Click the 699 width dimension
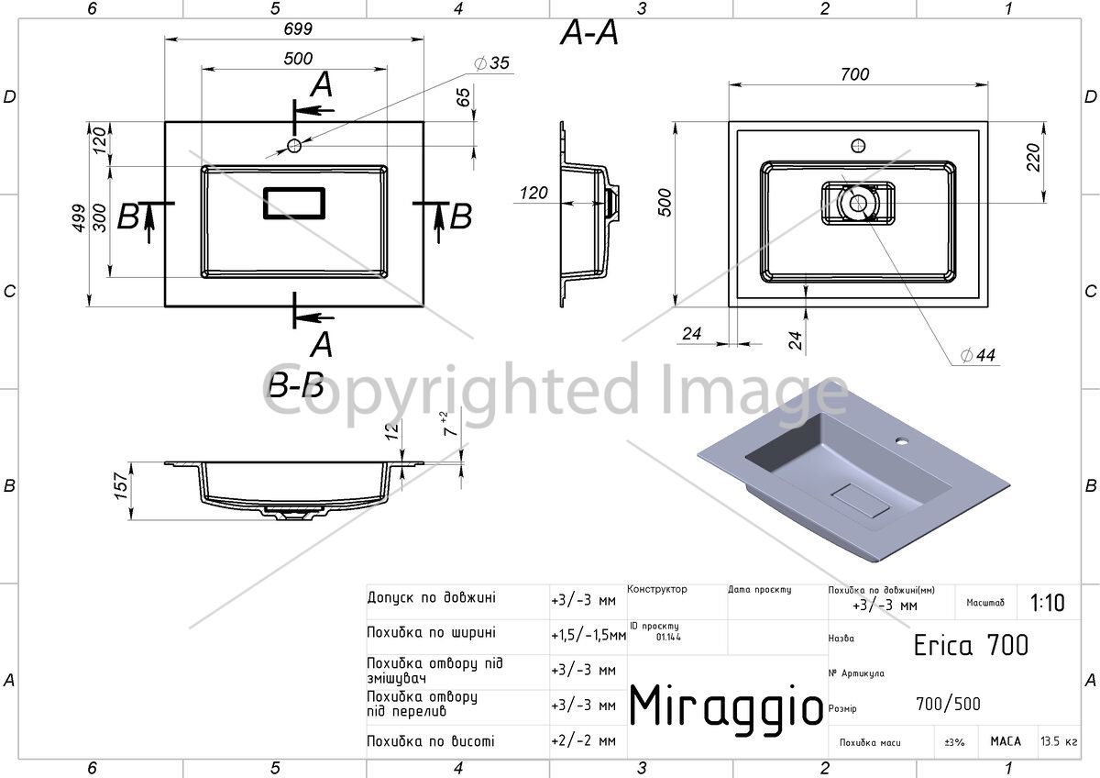coord(298,29)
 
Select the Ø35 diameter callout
coord(492,63)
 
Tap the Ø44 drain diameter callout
coord(978,355)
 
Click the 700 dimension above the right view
coord(854,74)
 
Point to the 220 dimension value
coord(1033,157)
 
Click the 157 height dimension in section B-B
coord(121,486)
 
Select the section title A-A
coord(588,33)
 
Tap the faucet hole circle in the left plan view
coord(294,146)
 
